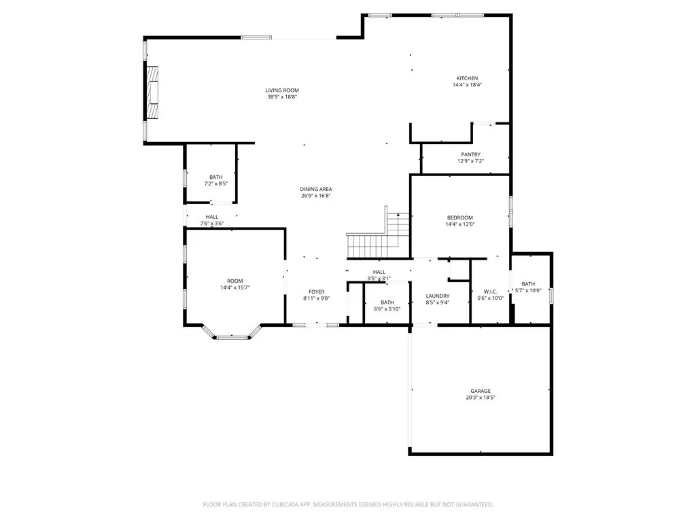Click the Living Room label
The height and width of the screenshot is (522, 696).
click(281, 90)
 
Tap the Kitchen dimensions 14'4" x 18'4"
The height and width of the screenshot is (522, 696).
click(467, 85)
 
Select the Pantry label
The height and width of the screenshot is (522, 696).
click(470, 155)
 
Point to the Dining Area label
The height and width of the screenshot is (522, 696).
click(316, 189)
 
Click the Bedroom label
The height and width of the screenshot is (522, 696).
click(459, 217)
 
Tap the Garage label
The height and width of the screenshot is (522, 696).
click(481, 391)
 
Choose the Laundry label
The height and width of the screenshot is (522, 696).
click(438, 296)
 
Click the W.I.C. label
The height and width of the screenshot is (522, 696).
click(489, 292)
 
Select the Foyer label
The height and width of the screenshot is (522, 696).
click(317, 292)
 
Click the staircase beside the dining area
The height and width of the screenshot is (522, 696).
click(377, 238)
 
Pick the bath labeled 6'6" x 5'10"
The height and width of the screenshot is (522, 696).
click(387, 305)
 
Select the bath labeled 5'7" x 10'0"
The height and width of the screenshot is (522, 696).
click(528, 287)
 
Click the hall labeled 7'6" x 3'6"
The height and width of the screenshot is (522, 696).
click(211, 220)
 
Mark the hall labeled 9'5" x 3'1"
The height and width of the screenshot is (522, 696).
click(379, 275)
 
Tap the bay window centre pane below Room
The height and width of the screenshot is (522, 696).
click(232, 336)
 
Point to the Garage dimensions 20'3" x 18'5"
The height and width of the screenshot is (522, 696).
click(481, 398)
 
